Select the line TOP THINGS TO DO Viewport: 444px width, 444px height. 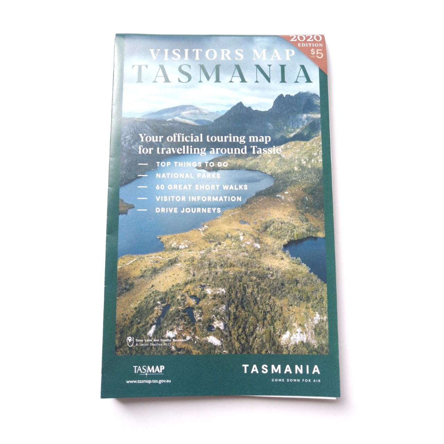point(192,164)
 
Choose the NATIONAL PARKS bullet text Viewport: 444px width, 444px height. point(188,176)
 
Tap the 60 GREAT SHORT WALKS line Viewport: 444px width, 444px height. point(202,187)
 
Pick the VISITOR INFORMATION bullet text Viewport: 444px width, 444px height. point(198,199)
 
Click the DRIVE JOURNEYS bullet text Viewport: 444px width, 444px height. point(188,210)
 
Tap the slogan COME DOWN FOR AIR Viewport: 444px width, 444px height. point(296,381)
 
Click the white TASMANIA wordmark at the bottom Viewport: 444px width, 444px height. point(281,369)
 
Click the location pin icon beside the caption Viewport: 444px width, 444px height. point(130,341)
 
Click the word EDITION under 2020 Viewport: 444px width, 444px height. point(311,45)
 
